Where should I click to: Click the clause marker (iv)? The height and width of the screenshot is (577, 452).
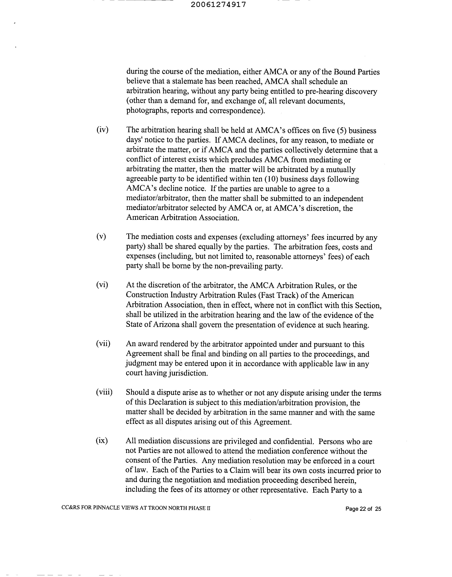(x=102, y=130)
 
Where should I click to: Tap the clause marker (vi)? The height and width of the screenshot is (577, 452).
(x=102, y=285)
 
